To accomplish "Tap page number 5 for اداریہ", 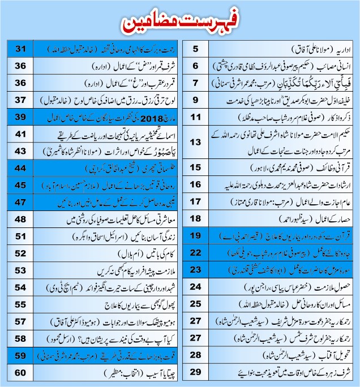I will tap(196, 49).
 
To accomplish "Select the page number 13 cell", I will tap(196, 143).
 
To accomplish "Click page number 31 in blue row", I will tap(20, 49).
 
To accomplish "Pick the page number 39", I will tap(20, 117).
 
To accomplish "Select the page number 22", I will tap(196, 253).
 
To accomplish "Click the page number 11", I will tap(196, 117).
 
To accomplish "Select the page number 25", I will tap(196, 304).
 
